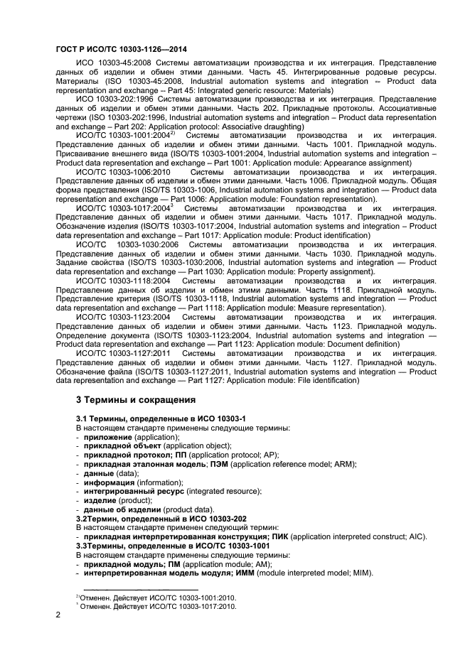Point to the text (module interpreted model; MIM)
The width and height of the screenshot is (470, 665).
pos(316,572)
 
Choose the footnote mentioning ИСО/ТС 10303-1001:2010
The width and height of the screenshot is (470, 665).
pos(158,598)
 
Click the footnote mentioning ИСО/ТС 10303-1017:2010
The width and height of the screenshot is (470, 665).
pos(158,606)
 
